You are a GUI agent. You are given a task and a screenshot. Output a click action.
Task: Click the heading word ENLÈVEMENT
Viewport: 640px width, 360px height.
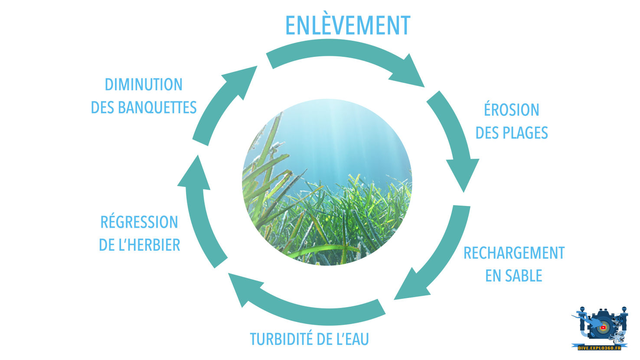(347, 26)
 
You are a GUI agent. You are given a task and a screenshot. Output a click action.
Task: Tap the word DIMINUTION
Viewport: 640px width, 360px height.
(144, 85)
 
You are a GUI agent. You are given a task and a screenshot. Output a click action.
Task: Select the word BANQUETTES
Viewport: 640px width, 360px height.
(157, 108)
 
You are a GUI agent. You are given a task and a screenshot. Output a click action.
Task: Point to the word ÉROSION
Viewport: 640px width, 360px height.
(511, 110)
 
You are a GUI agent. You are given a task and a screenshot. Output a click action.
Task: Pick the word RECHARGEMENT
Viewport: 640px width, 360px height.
(514, 253)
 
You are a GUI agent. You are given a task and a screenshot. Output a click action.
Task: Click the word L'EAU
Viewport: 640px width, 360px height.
(353, 339)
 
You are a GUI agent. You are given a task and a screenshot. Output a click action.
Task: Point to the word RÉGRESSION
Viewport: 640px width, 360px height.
(139, 222)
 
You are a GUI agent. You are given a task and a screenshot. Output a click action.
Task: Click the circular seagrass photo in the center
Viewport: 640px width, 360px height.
(327, 182)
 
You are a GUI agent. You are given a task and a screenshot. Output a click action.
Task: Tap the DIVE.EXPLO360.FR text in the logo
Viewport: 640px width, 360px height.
(599, 347)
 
